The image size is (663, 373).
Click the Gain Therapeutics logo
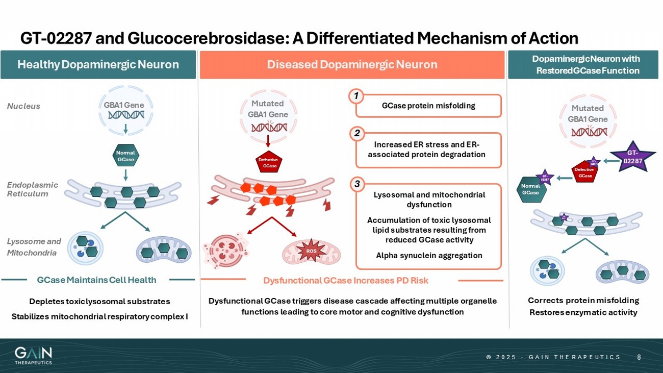[33, 355]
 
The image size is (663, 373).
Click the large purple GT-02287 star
[633, 156]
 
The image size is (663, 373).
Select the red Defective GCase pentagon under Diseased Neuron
[268, 162]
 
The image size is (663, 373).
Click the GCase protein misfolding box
[428, 106]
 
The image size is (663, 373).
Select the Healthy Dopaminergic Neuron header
[98, 65]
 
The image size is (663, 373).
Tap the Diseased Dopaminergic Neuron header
[352, 65]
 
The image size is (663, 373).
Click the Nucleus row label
[23, 106]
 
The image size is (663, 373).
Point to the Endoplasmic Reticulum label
[32, 189]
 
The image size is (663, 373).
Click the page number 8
[639, 357]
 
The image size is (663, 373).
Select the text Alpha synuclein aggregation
[429, 256]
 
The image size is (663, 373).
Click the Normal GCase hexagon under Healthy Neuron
[125, 156]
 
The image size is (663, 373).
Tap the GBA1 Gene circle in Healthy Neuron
[126, 110]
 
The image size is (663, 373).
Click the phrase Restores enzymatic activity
[583, 312]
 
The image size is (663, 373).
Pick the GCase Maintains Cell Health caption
[97, 280]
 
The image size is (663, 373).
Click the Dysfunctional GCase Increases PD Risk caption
[346, 281]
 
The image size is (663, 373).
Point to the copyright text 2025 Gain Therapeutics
[553, 357]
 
